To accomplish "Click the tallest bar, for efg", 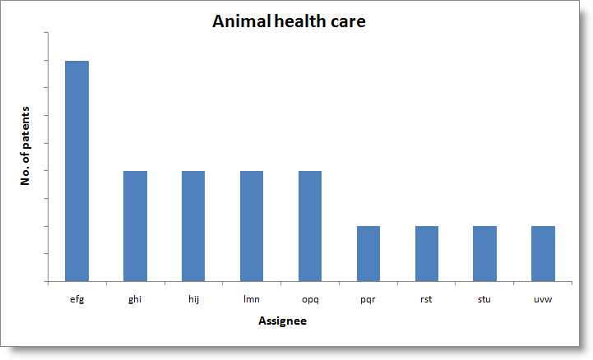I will [x=77, y=170].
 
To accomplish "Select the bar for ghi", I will [x=135, y=225].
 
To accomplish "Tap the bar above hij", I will [x=193, y=225].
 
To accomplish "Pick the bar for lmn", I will [x=252, y=225].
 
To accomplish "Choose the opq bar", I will [x=310, y=225].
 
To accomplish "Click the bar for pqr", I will [x=368, y=253].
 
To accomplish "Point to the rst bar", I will [x=427, y=253].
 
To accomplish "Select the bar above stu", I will [x=484, y=253].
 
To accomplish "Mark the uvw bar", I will [x=543, y=253].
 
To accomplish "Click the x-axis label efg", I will [x=77, y=299].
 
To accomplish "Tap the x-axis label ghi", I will [x=135, y=299].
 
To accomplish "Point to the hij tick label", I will [x=193, y=299].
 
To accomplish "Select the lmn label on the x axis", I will [x=252, y=299].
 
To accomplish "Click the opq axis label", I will [x=310, y=299].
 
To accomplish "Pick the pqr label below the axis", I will [x=368, y=299].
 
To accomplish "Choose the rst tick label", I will [x=427, y=299].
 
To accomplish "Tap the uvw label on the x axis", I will [x=543, y=299].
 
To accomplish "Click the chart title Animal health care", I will [x=289, y=22].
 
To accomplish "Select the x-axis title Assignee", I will [x=282, y=321].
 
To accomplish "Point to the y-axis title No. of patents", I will [x=25, y=145].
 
